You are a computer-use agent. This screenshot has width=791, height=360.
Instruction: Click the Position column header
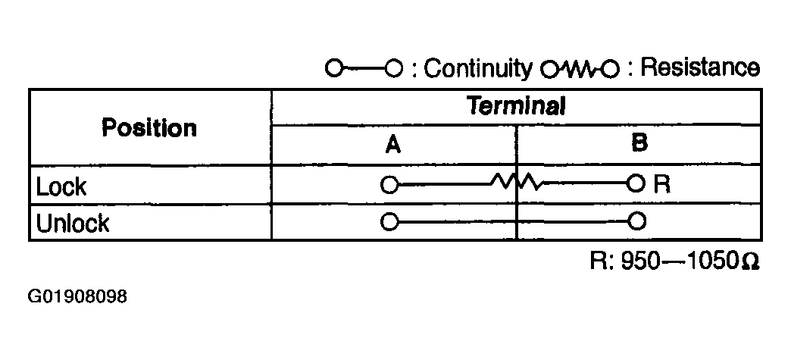[x=149, y=128]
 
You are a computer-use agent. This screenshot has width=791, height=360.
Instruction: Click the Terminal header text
[x=515, y=106]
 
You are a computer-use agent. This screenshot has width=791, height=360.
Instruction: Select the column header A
[x=393, y=146]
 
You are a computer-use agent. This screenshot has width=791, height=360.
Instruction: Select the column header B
[x=639, y=144]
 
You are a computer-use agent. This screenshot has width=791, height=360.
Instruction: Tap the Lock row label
[x=61, y=186]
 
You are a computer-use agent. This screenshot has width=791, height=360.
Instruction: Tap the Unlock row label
[x=72, y=223]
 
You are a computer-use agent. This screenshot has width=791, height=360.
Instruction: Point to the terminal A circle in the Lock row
[x=389, y=184]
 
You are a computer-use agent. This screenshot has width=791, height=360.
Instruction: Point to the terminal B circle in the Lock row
[x=636, y=183]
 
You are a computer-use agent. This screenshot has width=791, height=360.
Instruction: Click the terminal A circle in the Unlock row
[x=389, y=221]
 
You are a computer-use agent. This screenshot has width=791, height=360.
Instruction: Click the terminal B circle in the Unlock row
[x=638, y=221]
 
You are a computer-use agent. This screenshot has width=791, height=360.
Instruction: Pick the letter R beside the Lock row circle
[x=662, y=185]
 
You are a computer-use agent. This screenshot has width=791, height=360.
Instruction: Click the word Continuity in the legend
[x=477, y=69]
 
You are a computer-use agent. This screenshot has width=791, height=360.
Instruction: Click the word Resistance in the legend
[x=700, y=68]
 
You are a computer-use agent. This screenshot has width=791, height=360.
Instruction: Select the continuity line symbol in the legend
[x=364, y=67]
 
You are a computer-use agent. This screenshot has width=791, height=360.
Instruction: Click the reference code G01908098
[x=77, y=296]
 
